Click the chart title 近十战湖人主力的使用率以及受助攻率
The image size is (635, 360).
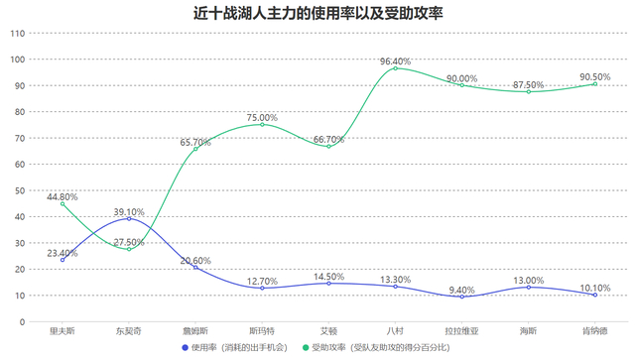317,13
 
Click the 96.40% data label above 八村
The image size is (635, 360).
396,60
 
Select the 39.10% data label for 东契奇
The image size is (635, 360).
129,212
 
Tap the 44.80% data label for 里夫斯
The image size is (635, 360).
62,196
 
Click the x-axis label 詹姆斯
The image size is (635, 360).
195,331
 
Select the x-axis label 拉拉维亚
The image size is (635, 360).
462,331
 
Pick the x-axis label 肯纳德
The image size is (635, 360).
595,331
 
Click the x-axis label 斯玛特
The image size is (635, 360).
262,331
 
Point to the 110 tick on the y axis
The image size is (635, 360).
17,33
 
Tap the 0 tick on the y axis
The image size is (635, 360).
23,321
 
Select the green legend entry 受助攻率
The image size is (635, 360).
377,348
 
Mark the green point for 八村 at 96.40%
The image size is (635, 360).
396,68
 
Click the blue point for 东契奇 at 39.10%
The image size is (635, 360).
129,219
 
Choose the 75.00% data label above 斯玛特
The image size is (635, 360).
262,117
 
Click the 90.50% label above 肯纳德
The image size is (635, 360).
595,76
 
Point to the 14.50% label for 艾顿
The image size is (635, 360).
328,277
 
